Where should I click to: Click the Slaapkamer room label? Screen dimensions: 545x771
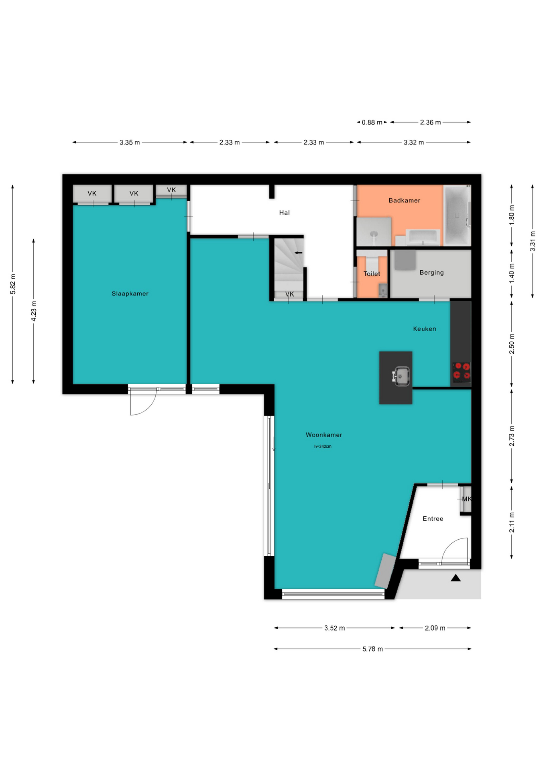click(130, 294)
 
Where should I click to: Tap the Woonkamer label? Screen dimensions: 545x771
click(324, 434)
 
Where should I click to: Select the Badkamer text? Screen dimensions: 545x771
click(405, 200)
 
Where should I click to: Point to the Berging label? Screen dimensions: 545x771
click(432, 272)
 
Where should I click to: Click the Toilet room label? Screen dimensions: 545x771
click(372, 273)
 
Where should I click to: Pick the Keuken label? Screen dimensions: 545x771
click(425, 328)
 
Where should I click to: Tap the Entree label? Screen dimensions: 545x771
click(433, 518)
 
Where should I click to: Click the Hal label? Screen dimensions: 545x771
click(285, 212)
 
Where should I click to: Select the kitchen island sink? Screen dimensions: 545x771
click(401, 376)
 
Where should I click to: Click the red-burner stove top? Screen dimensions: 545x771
click(462, 371)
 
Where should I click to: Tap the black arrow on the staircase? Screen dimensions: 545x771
click(298, 253)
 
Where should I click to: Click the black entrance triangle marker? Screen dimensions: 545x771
click(456, 578)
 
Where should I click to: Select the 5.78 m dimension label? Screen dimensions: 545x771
click(372, 649)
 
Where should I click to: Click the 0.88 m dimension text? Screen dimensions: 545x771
click(372, 122)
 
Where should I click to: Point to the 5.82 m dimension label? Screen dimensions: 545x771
click(13, 284)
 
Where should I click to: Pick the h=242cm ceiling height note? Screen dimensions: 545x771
click(323, 446)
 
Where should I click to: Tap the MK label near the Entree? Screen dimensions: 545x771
click(467, 499)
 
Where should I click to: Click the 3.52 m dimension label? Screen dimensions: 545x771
click(335, 628)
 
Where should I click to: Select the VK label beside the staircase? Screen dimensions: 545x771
click(290, 294)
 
